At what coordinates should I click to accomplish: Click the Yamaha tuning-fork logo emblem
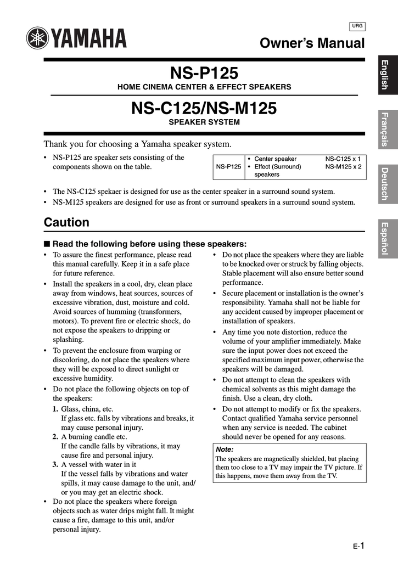pyautogui.click(x=38, y=38)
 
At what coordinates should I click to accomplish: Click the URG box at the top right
pyautogui.click(x=357, y=26)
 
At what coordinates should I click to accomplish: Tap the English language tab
pyautogui.click(x=386, y=74)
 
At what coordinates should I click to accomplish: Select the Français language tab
pyautogui.click(x=386, y=129)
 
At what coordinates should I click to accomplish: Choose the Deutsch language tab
pyautogui.click(x=386, y=184)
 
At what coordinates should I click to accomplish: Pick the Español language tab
pyautogui.click(x=386, y=239)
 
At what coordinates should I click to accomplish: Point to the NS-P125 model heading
pyautogui.click(x=204, y=73)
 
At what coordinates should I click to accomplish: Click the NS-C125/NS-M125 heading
pyautogui.click(x=204, y=108)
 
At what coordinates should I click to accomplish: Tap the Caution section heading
pyautogui.click(x=66, y=222)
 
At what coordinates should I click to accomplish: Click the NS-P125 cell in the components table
pyautogui.click(x=228, y=166)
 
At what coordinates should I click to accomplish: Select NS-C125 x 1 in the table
pyautogui.click(x=343, y=159)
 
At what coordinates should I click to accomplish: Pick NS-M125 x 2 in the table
pyautogui.click(x=343, y=166)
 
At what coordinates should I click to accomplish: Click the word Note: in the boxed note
pyautogui.click(x=225, y=449)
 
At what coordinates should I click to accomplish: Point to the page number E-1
pyautogui.click(x=360, y=546)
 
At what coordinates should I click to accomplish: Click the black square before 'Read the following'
pyautogui.click(x=47, y=244)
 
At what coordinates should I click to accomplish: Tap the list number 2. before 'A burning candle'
pyautogui.click(x=55, y=437)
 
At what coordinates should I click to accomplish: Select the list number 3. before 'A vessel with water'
pyautogui.click(x=55, y=464)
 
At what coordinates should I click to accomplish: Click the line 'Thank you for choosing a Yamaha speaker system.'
pyautogui.click(x=137, y=144)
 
